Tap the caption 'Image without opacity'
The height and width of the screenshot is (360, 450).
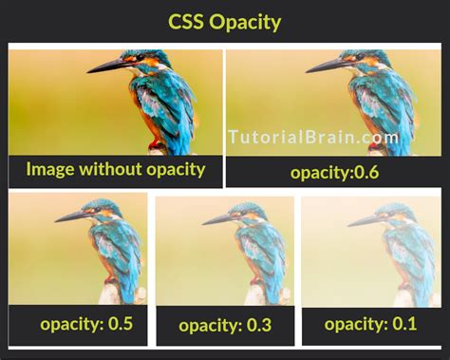click(x=116, y=169)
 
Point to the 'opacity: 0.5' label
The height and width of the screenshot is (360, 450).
click(x=86, y=324)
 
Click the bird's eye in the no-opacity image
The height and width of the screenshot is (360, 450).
click(x=140, y=59)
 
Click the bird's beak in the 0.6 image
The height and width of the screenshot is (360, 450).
click(x=328, y=66)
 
